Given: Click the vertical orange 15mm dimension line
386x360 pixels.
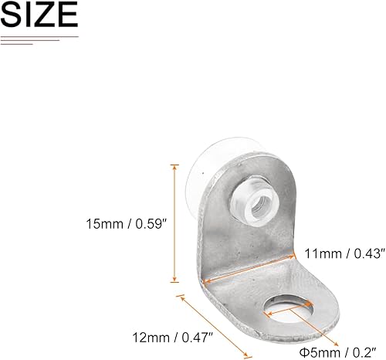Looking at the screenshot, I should click(175, 223).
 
